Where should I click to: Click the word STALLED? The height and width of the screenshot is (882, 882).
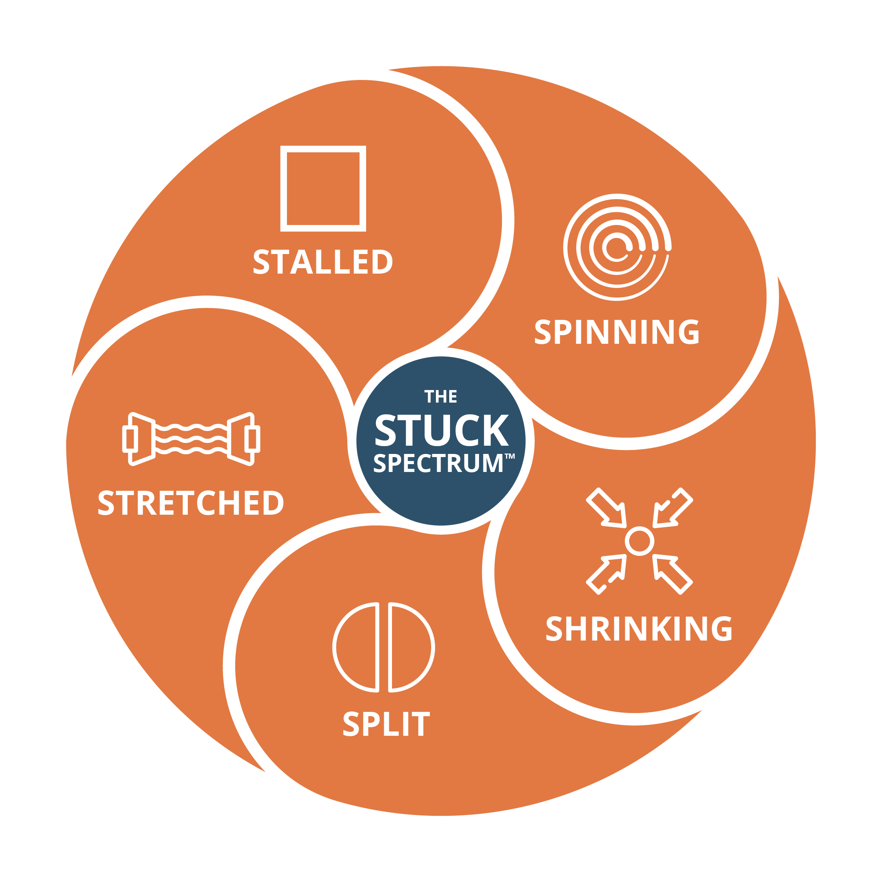coord(323,261)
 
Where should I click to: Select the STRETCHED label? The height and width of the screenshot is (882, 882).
coord(191,503)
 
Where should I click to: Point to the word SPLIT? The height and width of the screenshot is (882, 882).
coord(386,724)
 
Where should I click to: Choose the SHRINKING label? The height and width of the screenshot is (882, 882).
coord(639,629)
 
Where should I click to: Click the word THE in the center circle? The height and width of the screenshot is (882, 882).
coord(441,397)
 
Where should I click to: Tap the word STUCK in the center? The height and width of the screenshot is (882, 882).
coord(441,430)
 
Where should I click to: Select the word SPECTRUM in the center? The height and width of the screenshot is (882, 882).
coord(438,463)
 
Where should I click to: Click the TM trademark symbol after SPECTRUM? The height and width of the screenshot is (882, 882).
coord(510,456)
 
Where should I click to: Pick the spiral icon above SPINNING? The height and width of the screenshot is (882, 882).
coord(617,247)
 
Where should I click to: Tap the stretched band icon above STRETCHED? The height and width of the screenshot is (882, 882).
coord(191,439)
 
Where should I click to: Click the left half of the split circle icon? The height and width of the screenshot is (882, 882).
coord(357,647)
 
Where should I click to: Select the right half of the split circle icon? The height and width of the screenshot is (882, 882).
coord(410,647)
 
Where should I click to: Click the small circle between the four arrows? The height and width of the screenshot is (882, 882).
coord(639,541)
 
